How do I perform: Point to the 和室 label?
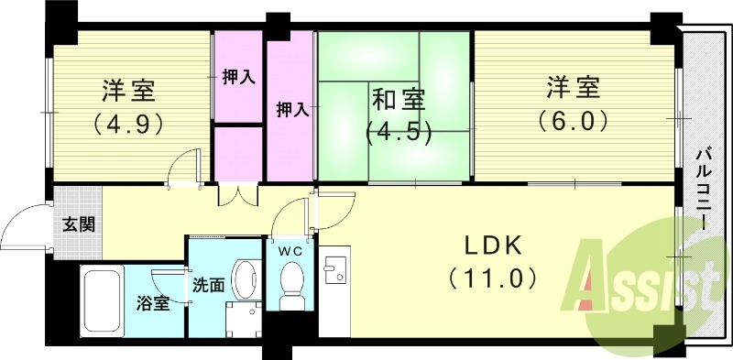pyautogui.click(x=398, y=97)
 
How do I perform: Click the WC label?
pyautogui.click(x=292, y=248)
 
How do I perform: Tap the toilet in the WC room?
pyautogui.click(x=292, y=287)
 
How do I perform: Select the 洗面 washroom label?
pyautogui.click(x=208, y=285)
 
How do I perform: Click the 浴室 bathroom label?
pyautogui.click(x=153, y=304)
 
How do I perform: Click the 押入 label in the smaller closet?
pyautogui.click(x=238, y=77)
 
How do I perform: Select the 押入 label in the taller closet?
pyautogui.click(x=292, y=109)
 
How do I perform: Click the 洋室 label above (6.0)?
pyautogui.click(x=574, y=89)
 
